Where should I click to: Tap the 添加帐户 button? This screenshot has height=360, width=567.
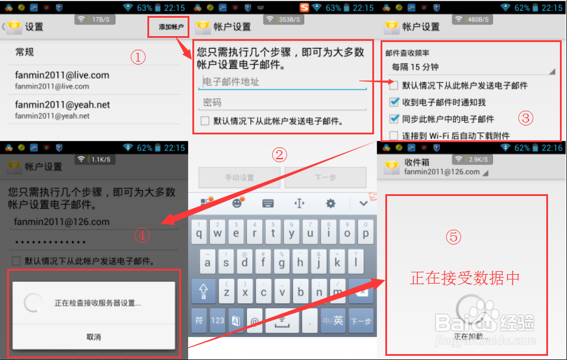point(171,27)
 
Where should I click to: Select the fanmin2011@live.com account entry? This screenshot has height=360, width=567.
point(62,80)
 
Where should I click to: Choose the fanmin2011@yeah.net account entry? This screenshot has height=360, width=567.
point(62,110)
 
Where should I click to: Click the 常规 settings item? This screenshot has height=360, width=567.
point(25,52)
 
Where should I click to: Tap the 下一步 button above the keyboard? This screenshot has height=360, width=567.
point(326,178)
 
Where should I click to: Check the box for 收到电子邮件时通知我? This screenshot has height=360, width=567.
point(394,102)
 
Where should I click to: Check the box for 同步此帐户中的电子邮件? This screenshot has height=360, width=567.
point(394,119)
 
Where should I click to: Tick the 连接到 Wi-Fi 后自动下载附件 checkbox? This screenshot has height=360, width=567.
point(394,136)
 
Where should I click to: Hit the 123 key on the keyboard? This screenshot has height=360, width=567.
point(218,320)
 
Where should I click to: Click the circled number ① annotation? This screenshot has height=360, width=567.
point(138,57)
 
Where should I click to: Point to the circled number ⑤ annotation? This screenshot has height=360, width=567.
point(453,237)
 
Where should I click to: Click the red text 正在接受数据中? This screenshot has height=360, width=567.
point(465,278)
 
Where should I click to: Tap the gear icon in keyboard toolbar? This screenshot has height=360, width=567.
point(330,204)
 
